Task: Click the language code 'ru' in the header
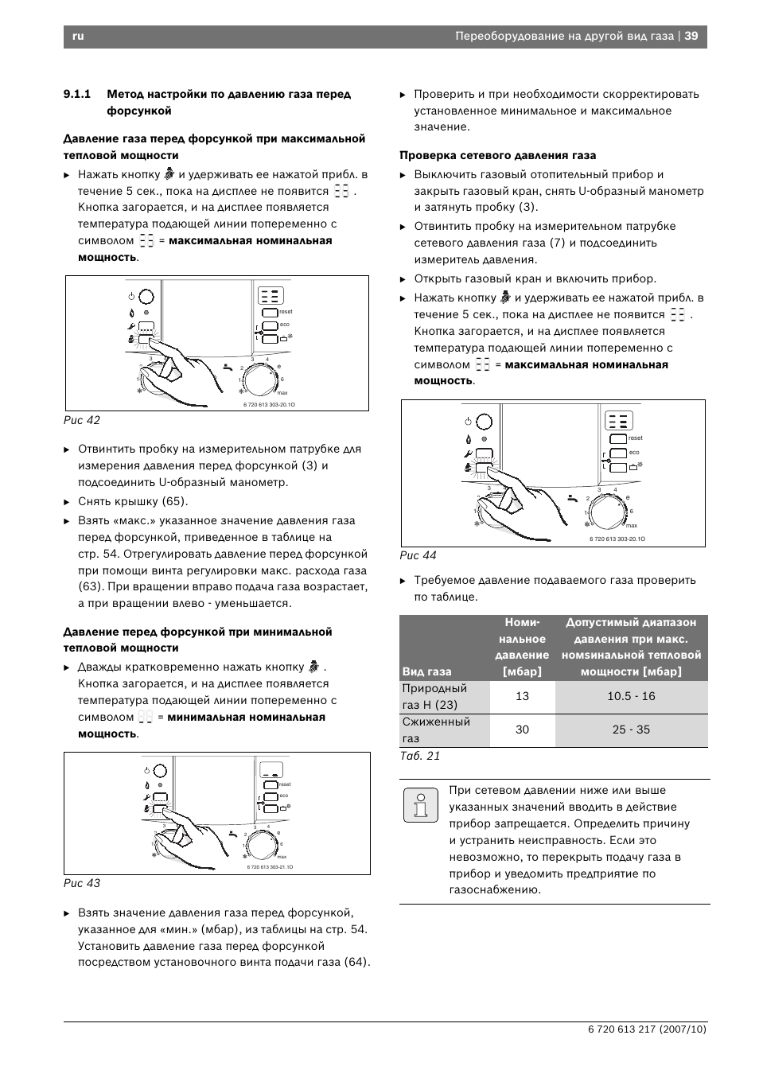point(78,36)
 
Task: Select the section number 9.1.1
point(77,95)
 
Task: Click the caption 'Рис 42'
point(82,420)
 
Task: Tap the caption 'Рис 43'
point(82,883)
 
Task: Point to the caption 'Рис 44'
point(418,555)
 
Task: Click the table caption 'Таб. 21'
point(420,756)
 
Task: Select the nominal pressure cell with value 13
point(522,696)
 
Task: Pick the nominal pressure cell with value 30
point(522,730)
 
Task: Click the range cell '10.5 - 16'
point(631,696)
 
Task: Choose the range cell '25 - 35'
point(631,730)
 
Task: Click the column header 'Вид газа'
point(427,671)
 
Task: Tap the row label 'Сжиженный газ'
point(436,730)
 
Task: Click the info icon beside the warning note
point(420,805)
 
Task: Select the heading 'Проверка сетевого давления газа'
point(497,156)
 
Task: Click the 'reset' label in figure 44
point(636,438)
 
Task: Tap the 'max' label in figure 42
point(282,393)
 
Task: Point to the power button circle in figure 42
point(147,297)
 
